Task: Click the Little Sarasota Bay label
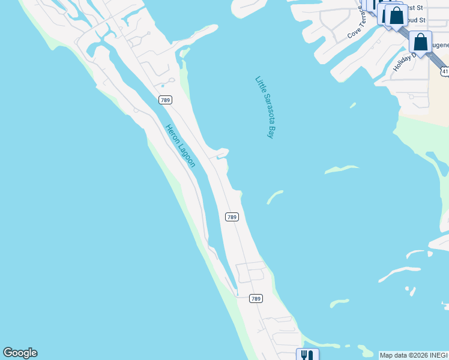click(x=265, y=107)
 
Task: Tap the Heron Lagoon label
click(x=180, y=145)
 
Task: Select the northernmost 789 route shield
click(x=166, y=100)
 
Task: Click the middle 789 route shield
click(x=232, y=217)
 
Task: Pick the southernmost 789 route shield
click(x=256, y=298)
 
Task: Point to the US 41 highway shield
click(x=445, y=71)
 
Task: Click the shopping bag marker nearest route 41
click(x=420, y=43)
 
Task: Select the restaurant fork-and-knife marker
click(x=307, y=355)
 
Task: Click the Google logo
click(x=20, y=353)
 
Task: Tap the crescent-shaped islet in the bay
click(x=275, y=197)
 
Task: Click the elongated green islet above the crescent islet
click(x=342, y=170)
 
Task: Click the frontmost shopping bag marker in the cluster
click(x=396, y=16)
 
